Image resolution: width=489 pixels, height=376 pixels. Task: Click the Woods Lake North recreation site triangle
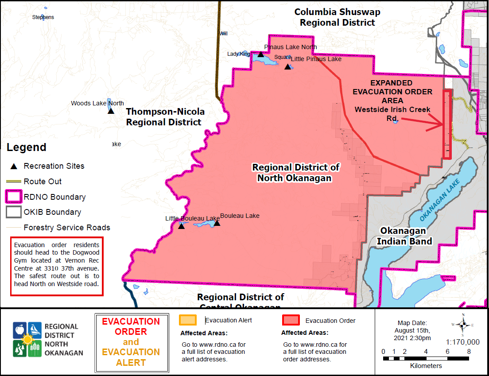tap(111, 110)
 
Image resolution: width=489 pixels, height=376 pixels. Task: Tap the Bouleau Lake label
tap(240, 216)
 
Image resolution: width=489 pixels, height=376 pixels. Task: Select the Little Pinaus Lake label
tap(316, 59)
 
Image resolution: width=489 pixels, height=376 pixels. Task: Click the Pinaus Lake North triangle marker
tap(261, 54)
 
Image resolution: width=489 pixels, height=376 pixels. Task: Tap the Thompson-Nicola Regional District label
tap(165, 116)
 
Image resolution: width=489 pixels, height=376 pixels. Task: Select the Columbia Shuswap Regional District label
tap(338, 17)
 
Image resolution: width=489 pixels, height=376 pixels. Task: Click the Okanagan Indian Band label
tap(403, 236)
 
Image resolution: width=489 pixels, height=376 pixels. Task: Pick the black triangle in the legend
tap(14, 167)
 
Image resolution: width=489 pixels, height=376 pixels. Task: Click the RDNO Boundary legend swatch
tap(14, 197)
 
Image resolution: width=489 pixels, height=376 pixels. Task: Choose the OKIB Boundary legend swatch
tap(14, 212)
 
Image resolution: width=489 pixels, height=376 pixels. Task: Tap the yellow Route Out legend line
tap(14, 182)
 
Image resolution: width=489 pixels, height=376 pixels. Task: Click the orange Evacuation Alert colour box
tap(188, 320)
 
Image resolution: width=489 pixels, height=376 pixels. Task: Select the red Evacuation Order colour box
tap(291, 320)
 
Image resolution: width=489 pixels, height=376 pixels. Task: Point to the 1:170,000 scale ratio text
tap(462, 342)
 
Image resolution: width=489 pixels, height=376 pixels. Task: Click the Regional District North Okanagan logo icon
tap(27, 339)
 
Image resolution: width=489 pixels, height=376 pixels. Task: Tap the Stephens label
tap(43, 17)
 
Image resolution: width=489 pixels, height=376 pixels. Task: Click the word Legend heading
tap(27, 147)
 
